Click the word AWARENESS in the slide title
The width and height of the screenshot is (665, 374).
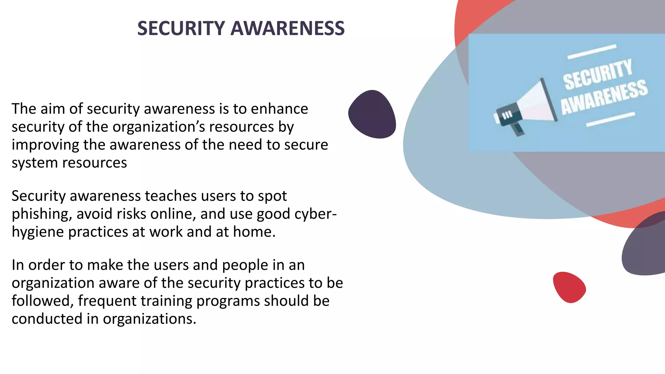(x=287, y=28)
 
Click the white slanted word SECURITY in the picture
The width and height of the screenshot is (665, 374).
(x=597, y=75)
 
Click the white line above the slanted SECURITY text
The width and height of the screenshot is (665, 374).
(x=592, y=52)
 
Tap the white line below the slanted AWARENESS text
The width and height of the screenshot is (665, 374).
(x=610, y=119)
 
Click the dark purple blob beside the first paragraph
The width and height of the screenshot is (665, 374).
(x=372, y=114)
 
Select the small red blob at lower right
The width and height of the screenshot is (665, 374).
(x=569, y=287)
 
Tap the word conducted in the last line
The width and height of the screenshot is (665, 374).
(x=47, y=319)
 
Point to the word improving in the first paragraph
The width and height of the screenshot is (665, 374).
(x=45, y=145)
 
